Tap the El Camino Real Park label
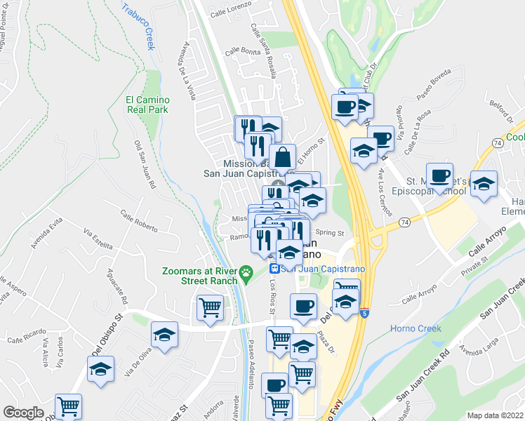pyautogui.click(x=147, y=105)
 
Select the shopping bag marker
pyautogui.click(x=282, y=156)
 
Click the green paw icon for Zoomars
pyautogui.click(x=246, y=272)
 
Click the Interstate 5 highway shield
pyautogui.click(x=365, y=313)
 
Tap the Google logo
pyautogui.click(x=24, y=413)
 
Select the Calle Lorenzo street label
pyautogui.click(x=230, y=13)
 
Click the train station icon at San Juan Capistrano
pyautogui.click(x=276, y=269)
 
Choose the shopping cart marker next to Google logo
pyautogui.click(x=68, y=406)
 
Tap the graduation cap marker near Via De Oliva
pyautogui.click(x=164, y=335)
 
